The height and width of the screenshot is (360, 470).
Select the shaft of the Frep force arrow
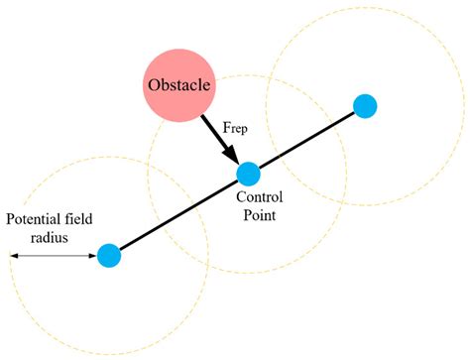point(218,136)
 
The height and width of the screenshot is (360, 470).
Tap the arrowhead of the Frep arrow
point(232,156)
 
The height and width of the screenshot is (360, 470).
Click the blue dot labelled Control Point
point(248,175)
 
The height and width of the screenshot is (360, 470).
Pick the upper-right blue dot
point(365,104)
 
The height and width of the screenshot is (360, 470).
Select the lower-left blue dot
point(109,255)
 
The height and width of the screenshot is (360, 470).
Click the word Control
point(260,197)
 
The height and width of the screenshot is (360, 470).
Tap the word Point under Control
point(260,214)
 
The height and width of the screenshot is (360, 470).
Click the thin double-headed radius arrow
point(55,256)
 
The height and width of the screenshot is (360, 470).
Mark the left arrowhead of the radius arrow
point(14,256)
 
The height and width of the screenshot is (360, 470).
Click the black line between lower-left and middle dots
point(178,215)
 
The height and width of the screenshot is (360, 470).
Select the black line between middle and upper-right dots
point(306,140)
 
